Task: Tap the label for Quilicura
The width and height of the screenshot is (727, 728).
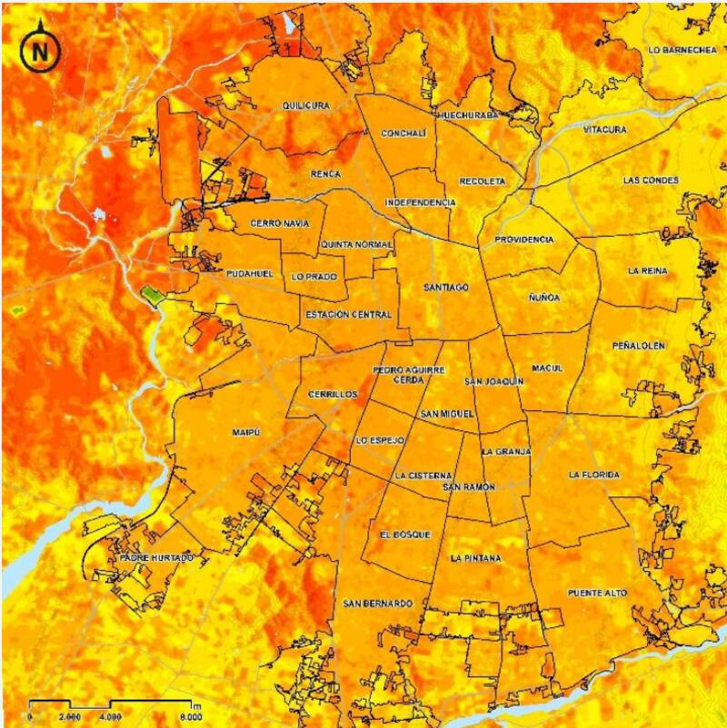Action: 305,106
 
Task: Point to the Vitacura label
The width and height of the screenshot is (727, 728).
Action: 605,131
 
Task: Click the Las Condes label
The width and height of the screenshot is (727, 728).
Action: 651,181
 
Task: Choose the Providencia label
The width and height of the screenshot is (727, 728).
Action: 524,240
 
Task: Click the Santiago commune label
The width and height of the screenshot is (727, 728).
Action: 446,288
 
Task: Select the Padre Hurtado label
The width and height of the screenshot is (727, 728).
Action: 156,558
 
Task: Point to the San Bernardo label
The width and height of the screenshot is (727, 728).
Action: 378,604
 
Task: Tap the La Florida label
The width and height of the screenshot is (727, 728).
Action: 594,475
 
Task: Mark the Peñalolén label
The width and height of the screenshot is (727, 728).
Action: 639,346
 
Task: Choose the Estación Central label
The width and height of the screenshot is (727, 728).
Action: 348,315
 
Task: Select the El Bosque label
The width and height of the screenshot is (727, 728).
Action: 405,535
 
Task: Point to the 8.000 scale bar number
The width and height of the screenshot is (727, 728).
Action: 189,716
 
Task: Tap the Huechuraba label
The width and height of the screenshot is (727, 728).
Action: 468,116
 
